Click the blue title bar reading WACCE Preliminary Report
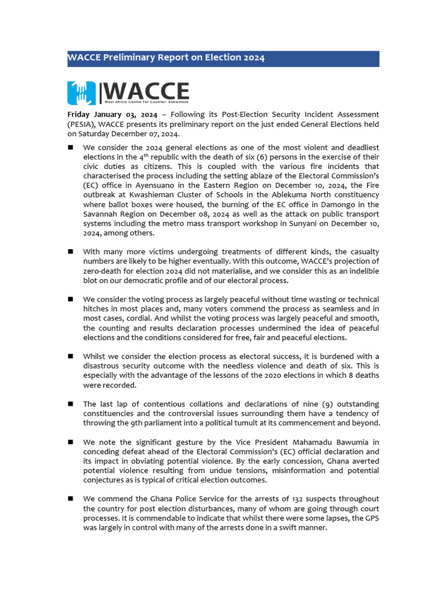tap(223, 58)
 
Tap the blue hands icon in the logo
tap(82, 92)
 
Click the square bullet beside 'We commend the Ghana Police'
tap(70, 499)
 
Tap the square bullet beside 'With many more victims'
tap(70, 251)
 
